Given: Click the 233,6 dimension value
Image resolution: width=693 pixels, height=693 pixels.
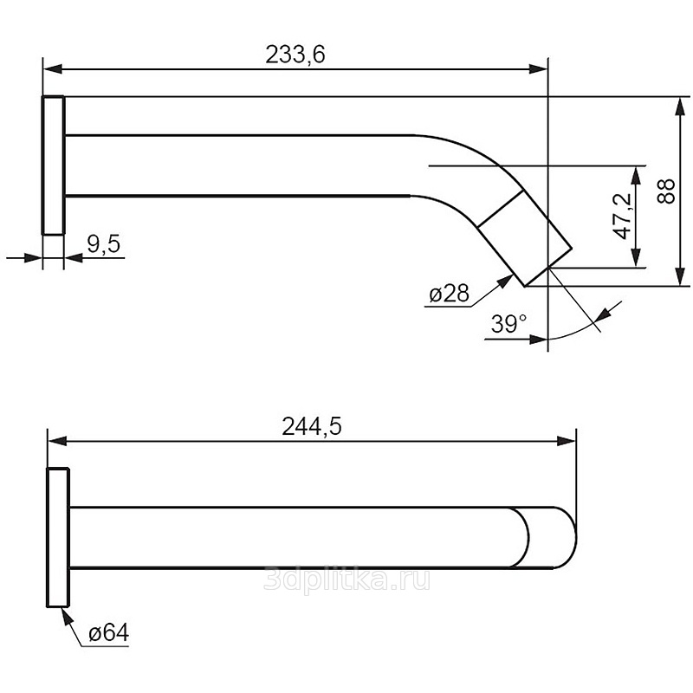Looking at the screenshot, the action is pyautogui.click(x=295, y=55).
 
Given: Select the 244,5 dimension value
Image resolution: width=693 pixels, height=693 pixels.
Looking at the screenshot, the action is pyautogui.click(x=312, y=427).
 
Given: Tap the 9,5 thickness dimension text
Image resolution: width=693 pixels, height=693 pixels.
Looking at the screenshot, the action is pyautogui.click(x=103, y=243).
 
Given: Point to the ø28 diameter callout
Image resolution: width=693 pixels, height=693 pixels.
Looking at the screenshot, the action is pyautogui.click(x=449, y=293).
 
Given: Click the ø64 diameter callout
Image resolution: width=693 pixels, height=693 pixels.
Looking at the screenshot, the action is pyautogui.click(x=109, y=633).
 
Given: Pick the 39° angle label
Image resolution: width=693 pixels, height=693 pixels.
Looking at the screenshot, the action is pyautogui.click(x=508, y=324).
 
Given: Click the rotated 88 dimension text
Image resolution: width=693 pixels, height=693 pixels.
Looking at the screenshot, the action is pyautogui.click(x=666, y=191).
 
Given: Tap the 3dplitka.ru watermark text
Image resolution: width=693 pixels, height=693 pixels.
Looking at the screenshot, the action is pyautogui.click(x=346, y=580).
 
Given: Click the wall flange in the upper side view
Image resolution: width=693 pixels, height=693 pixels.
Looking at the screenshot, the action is pyautogui.click(x=54, y=165).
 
